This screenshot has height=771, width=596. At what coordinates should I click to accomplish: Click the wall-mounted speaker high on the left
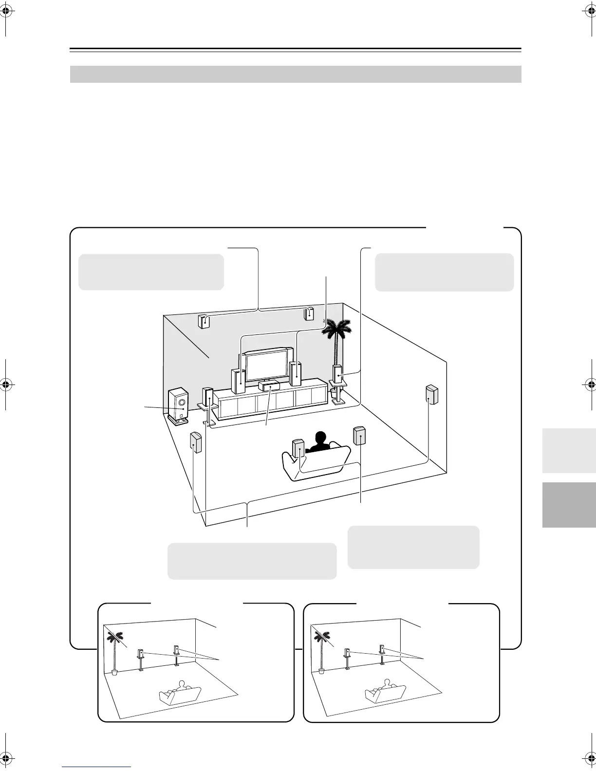(x=204, y=321)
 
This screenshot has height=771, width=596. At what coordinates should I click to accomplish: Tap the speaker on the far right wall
(x=431, y=394)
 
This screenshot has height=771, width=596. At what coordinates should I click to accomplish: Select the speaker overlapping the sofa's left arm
(x=298, y=448)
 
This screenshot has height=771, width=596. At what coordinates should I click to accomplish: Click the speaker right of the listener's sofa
(x=360, y=436)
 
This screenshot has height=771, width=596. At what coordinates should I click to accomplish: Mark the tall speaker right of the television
(x=295, y=374)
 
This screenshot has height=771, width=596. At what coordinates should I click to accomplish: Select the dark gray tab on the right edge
(x=569, y=505)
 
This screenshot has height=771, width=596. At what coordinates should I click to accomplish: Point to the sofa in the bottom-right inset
(x=384, y=694)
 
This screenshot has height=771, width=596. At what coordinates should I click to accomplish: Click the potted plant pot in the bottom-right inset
(x=321, y=670)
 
